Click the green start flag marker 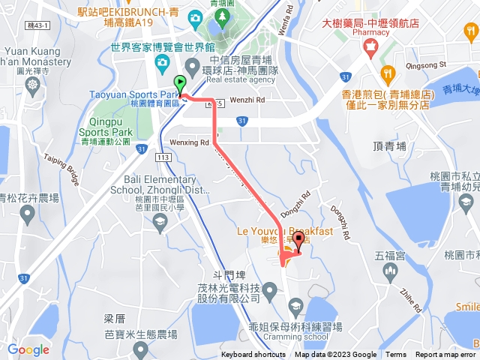tap(180, 84)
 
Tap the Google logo tap(28, 349)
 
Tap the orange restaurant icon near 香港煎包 tap(387, 73)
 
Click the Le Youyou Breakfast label tap(284, 231)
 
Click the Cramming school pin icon tap(295, 304)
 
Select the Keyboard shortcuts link tap(253, 355)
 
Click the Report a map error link tap(446, 355)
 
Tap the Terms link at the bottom tap(396, 355)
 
